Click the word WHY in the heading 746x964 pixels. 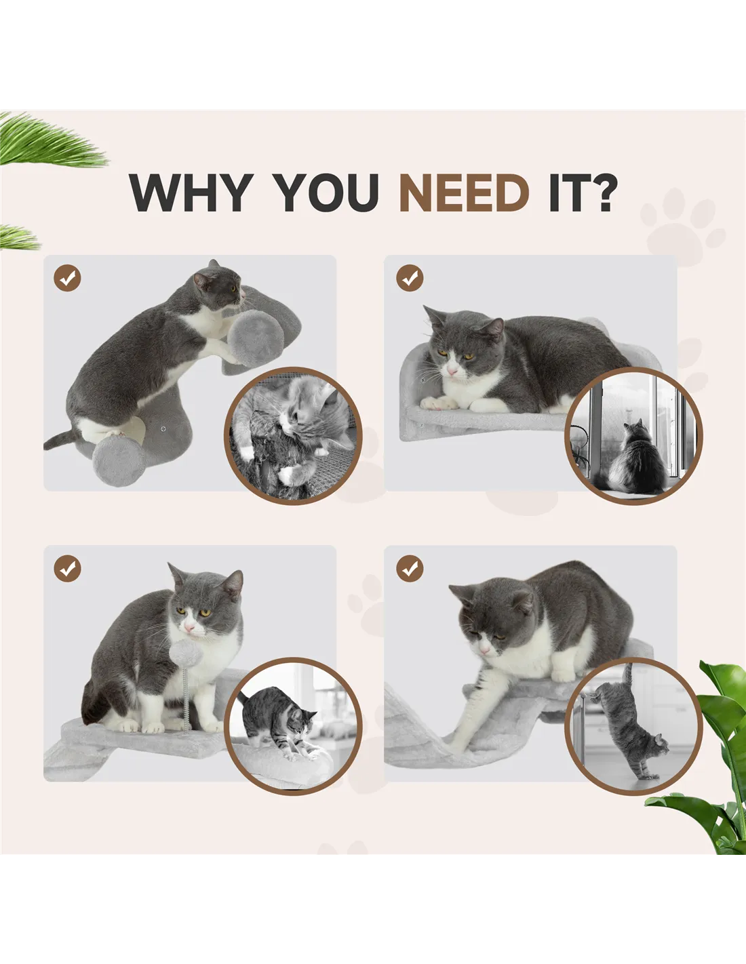point(191,193)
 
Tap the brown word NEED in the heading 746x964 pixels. point(465,193)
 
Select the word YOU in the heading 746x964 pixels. point(326,193)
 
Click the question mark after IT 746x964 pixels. point(602,193)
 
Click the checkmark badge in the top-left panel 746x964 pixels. point(67,278)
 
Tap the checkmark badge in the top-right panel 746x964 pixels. point(410,278)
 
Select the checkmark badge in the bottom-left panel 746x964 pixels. point(67,568)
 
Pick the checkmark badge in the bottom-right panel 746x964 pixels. point(410,568)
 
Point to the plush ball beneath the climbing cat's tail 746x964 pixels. point(118,462)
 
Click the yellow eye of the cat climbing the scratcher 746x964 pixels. point(233,289)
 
